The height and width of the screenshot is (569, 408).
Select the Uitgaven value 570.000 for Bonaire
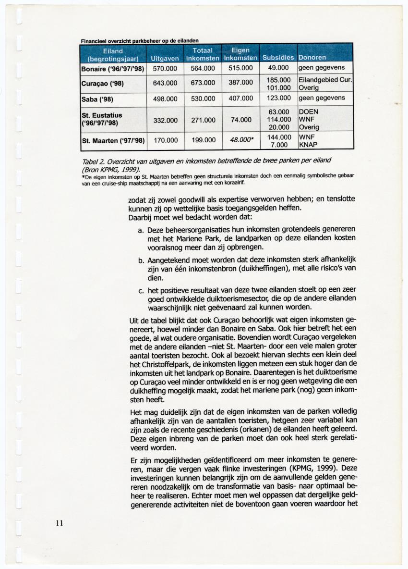coord(165,68)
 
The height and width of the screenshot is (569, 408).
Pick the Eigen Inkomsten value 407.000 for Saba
coord(240,99)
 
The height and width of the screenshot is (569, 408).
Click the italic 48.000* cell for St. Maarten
coord(241,141)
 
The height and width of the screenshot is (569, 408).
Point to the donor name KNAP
coord(308,144)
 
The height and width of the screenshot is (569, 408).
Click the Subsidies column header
coord(278,58)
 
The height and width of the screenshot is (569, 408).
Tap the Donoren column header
coord(312,58)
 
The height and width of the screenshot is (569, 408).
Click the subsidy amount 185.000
coord(279,80)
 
